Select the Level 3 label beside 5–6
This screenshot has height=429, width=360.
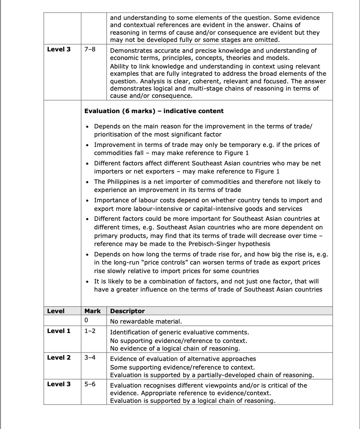[x=59, y=385]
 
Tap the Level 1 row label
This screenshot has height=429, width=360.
[x=59, y=331]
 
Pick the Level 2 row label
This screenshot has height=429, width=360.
[x=59, y=358]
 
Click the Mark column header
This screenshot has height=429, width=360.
[x=92, y=311]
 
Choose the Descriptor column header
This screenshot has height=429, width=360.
[x=128, y=311]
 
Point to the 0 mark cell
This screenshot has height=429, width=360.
[x=86, y=321]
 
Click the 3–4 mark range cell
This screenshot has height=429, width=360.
[x=90, y=358]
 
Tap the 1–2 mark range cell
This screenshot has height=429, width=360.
[x=90, y=331]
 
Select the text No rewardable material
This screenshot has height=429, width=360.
[x=146, y=321]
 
